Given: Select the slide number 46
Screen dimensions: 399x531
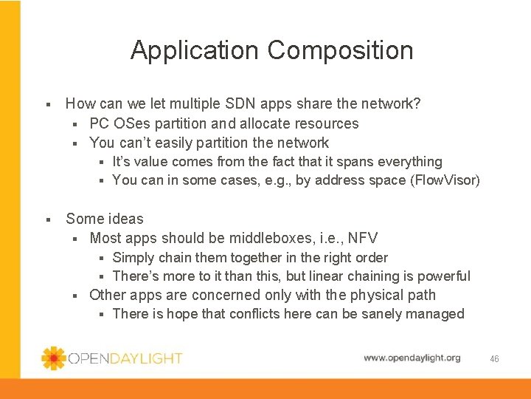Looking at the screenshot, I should [494, 358].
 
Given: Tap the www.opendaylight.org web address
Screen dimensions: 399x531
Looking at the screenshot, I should [412, 358].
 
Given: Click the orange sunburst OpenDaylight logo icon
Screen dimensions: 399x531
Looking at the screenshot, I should [53, 358].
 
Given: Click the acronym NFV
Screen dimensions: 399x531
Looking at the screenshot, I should [362, 238].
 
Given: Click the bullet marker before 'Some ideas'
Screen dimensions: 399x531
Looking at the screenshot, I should [46, 219].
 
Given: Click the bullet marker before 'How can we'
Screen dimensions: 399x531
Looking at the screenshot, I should [46, 105].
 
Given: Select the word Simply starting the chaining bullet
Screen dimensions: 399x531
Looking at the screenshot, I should [133, 257].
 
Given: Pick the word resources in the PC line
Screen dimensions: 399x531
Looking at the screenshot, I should [327, 123].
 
